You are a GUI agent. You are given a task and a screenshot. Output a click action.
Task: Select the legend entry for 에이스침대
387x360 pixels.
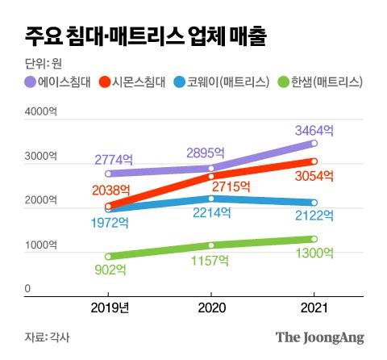pyautogui.click(x=57, y=82)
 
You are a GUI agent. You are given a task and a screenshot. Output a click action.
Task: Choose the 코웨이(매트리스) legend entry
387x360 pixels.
pyautogui.click(x=222, y=82)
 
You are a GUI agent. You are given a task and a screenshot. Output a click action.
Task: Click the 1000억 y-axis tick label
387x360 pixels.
pyautogui.click(x=27, y=245)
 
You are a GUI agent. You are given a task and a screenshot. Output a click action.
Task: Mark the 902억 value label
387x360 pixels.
pyautogui.click(x=108, y=273)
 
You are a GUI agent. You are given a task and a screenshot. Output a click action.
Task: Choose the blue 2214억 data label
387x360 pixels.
pyautogui.click(x=211, y=213)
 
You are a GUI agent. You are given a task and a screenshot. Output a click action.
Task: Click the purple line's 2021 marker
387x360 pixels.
pyautogui.click(x=314, y=144)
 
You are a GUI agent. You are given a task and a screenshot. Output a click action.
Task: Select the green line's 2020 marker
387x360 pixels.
pyautogui.click(x=211, y=245)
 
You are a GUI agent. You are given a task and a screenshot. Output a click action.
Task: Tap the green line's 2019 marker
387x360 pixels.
pyautogui.click(x=108, y=257)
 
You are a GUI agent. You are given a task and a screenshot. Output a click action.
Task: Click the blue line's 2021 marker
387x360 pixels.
pyautogui.click(x=314, y=203)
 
